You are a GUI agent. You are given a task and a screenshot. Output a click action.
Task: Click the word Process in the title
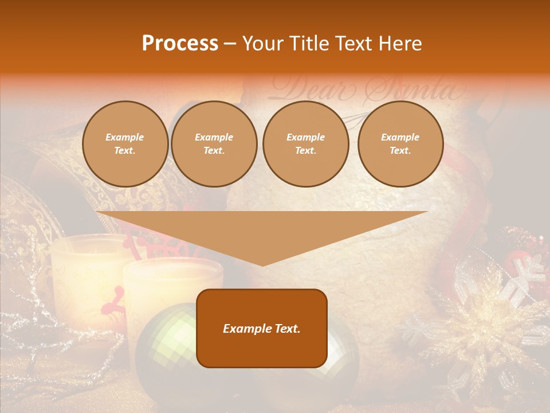180,44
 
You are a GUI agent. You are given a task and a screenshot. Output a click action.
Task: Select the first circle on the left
125,144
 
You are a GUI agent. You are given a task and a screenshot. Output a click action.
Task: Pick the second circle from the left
214,144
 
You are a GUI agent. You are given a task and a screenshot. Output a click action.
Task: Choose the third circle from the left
305,144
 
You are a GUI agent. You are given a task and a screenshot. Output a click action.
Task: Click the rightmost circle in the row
400,144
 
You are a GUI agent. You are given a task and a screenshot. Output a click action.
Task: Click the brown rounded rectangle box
262,350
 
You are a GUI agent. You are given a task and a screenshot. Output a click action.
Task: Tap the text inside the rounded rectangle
262,329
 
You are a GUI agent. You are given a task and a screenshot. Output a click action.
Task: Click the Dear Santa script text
367,89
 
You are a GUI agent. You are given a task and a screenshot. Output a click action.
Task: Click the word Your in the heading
262,44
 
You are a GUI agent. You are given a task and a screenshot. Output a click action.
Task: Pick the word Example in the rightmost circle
400,137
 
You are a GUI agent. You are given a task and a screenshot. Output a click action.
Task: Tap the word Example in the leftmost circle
125,137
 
